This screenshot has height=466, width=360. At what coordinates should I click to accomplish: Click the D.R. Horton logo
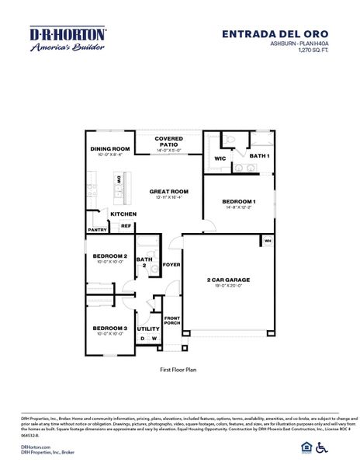67,40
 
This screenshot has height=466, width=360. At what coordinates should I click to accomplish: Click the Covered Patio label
168,141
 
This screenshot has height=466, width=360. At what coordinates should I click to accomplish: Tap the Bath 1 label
259,156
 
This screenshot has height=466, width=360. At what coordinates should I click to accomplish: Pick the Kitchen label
123,214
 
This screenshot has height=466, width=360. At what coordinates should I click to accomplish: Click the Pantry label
97,230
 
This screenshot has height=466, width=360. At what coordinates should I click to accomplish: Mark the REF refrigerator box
125,227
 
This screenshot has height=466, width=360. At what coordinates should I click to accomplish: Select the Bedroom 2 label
109,256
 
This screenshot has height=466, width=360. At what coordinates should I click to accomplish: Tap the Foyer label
171,264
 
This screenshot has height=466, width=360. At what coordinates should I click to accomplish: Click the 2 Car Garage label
228,279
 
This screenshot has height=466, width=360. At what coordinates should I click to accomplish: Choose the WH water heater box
268,241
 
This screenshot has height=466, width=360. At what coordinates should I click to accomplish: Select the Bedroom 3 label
109,328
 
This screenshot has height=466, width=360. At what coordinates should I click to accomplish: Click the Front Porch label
171,321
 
